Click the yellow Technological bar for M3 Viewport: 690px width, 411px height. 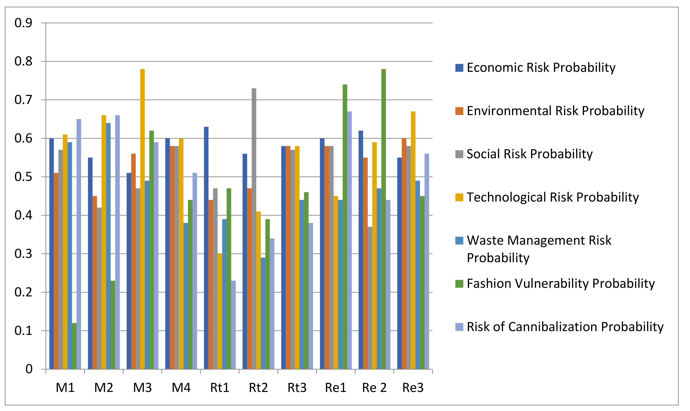pyautogui.click(x=142, y=219)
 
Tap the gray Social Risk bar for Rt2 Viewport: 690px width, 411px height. pyautogui.click(x=254, y=229)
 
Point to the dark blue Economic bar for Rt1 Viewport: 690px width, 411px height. pyautogui.click(x=206, y=248)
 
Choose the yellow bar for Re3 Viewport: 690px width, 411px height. pyautogui.click(x=413, y=240)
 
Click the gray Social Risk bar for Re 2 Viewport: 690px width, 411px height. pyautogui.click(x=370, y=298)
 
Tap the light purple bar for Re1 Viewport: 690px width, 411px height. pyautogui.click(x=349, y=240)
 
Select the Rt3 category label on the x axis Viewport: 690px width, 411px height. pyautogui.click(x=297, y=388)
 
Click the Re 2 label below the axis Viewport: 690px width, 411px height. pyautogui.click(x=374, y=388)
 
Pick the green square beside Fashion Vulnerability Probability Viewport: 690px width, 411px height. pyautogui.click(x=459, y=284)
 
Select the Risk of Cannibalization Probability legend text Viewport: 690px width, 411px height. pyautogui.click(x=565, y=327)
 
